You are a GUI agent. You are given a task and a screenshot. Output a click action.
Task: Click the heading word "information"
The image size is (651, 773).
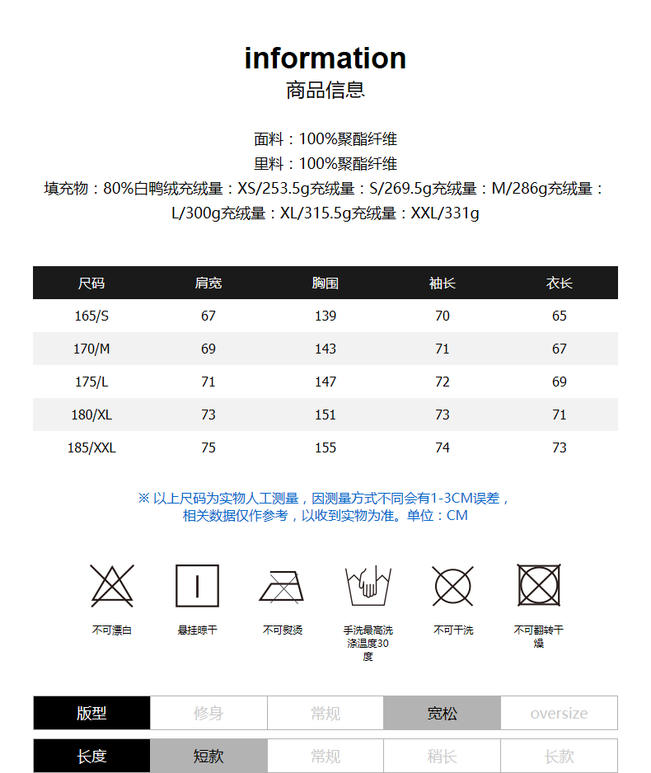click(x=325, y=59)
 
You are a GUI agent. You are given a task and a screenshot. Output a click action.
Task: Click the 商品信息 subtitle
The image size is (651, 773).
click(x=325, y=90)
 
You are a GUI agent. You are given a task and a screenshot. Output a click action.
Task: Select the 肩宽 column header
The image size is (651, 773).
click(x=208, y=283)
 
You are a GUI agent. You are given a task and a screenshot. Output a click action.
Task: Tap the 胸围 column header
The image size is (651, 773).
click(x=325, y=283)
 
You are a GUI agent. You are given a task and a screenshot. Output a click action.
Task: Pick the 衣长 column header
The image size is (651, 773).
click(x=560, y=283)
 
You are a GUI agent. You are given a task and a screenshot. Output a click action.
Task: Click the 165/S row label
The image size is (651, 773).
click(x=91, y=316)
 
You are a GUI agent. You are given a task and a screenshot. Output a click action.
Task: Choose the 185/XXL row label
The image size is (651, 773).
click(x=91, y=447)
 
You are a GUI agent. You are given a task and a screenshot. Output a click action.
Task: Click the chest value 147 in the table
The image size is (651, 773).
click(x=325, y=382)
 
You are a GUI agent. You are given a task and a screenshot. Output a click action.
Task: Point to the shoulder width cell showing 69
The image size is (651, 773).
click(x=208, y=349)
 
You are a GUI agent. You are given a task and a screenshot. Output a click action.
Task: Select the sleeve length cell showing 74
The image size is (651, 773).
click(x=443, y=447)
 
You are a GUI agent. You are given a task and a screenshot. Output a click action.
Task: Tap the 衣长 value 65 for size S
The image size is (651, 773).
click(x=560, y=316)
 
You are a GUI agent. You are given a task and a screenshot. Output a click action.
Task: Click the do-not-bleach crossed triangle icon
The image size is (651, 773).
click(x=112, y=586)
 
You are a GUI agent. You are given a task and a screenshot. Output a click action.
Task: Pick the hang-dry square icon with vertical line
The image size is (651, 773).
click(x=198, y=586)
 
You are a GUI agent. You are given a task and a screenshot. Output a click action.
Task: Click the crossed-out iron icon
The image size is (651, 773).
click(x=283, y=586)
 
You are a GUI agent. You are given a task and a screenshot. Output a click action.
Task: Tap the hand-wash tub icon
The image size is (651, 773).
click(x=368, y=586)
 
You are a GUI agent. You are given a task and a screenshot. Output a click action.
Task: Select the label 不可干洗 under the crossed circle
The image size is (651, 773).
click(x=453, y=630)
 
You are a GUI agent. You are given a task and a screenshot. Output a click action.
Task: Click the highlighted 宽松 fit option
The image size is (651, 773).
click(x=442, y=714)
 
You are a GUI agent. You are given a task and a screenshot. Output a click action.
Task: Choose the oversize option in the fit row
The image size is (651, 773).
click(x=559, y=714)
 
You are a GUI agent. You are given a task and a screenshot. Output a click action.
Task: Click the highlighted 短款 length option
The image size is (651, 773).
click(x=208, y=756)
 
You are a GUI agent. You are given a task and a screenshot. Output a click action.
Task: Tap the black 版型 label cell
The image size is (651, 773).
click(x=91, y=714)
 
